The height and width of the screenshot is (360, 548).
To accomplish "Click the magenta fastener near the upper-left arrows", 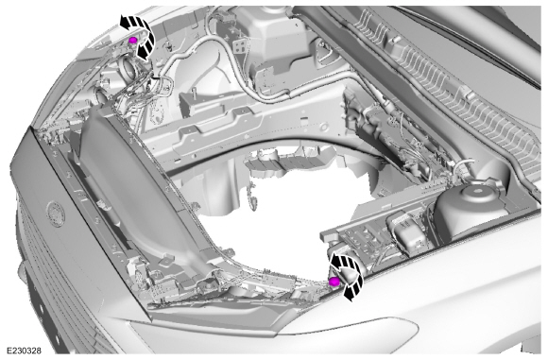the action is [x=132, y=41].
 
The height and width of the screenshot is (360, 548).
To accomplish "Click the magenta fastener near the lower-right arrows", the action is [x=334, y=282].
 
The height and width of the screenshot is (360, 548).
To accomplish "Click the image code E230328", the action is [x=24, y=351].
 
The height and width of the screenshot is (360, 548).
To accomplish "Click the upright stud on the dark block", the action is [x=194, y=93].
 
